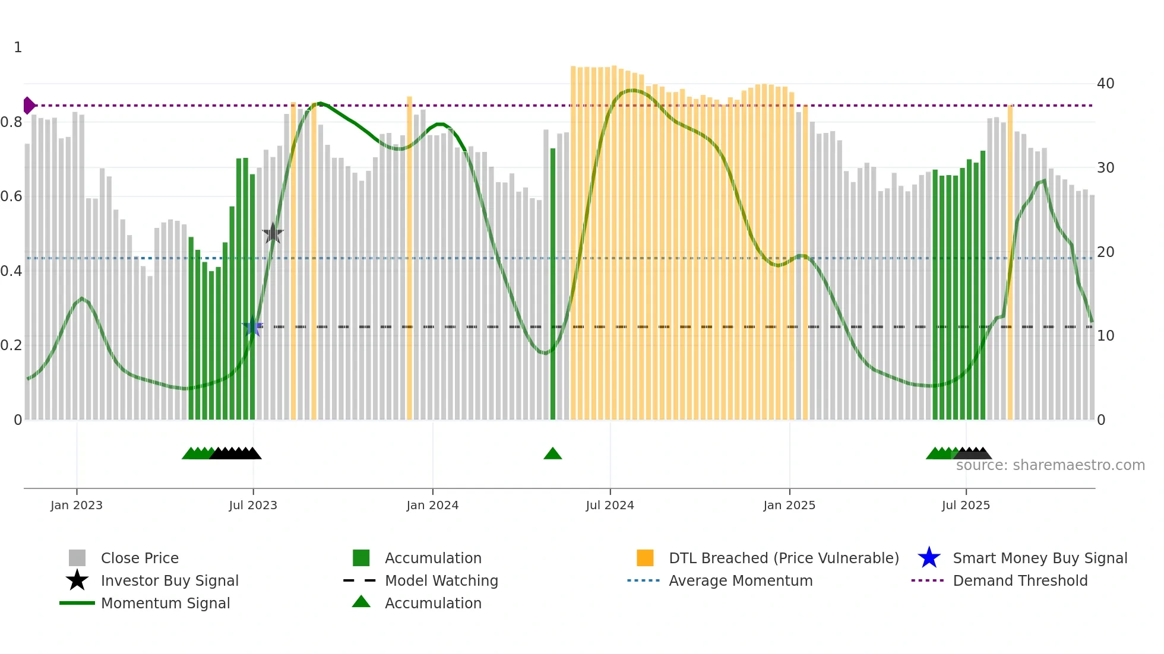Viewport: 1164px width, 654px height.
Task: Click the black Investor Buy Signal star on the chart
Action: [273, 233]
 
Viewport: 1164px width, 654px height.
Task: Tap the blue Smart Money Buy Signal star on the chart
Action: [253, 326]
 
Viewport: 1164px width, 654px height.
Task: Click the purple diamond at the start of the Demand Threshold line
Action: [29, 106]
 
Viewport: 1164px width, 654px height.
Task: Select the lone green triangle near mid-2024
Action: [552, 454]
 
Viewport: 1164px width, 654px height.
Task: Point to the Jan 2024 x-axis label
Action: [432, 505]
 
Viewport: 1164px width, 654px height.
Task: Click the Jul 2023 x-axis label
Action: [253, 505]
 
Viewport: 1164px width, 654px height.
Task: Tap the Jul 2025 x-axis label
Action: [966, 505]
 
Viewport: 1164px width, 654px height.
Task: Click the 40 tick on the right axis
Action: [1105, 84]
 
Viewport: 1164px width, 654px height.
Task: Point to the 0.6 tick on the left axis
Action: [11, 196]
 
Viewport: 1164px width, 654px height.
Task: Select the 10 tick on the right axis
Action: [1105, 336]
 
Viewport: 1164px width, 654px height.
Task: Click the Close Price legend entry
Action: [139, 558]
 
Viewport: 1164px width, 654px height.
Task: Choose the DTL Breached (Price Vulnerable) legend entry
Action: [783, 558]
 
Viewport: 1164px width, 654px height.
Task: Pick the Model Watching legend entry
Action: [441, 580]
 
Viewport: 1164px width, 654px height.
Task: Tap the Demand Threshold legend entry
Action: [1020, 580]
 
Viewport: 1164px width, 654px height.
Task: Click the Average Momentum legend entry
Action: [740, 580]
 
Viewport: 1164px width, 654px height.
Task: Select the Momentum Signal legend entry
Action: [165, 603]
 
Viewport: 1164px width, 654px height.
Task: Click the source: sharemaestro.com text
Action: [1050, 465]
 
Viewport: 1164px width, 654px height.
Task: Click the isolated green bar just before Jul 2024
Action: [553, 285]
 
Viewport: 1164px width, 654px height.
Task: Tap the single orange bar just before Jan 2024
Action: [409, 258]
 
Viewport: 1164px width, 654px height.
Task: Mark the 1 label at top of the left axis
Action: [18, 47]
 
